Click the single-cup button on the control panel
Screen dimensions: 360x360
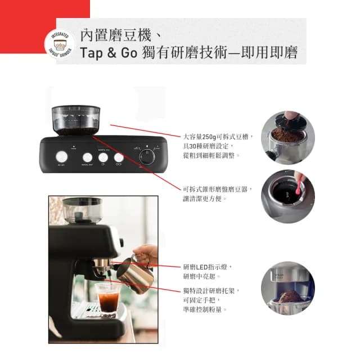(x=103, y=158)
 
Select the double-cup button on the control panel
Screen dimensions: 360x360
(x=119, y=158)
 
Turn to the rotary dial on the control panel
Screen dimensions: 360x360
(x=147, y=157)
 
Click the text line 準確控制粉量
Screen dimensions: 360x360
(x=205, y=309)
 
